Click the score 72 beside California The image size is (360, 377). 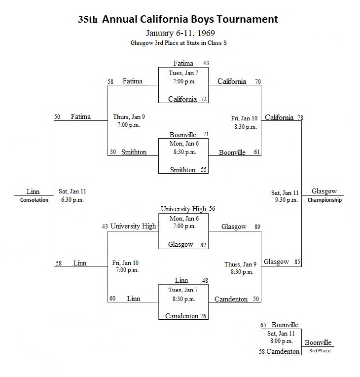(204, 99)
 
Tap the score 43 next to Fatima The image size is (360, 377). (206, 63)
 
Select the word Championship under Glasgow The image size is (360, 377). (324, 200)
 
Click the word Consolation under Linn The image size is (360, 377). (34, 200)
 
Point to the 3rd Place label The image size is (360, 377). (320, 350)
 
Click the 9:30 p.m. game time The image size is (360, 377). (286, 200)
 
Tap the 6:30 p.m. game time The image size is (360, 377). (72, 200)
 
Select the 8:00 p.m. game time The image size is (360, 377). (282, 341)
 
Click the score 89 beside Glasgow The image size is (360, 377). (257, 226)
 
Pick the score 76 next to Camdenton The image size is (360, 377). (203, 316)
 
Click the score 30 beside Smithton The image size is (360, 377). (113, 152)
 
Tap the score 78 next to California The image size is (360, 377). (300, 118)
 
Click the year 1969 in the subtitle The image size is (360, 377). (206, 33)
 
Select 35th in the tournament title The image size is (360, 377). (87, 19)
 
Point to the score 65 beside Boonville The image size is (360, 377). (263, 325)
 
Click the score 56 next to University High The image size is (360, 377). (212, 208)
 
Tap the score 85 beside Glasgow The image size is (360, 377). (297, 262)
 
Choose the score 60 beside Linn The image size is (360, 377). (112, 299)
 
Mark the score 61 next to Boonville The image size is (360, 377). (256, 152)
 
